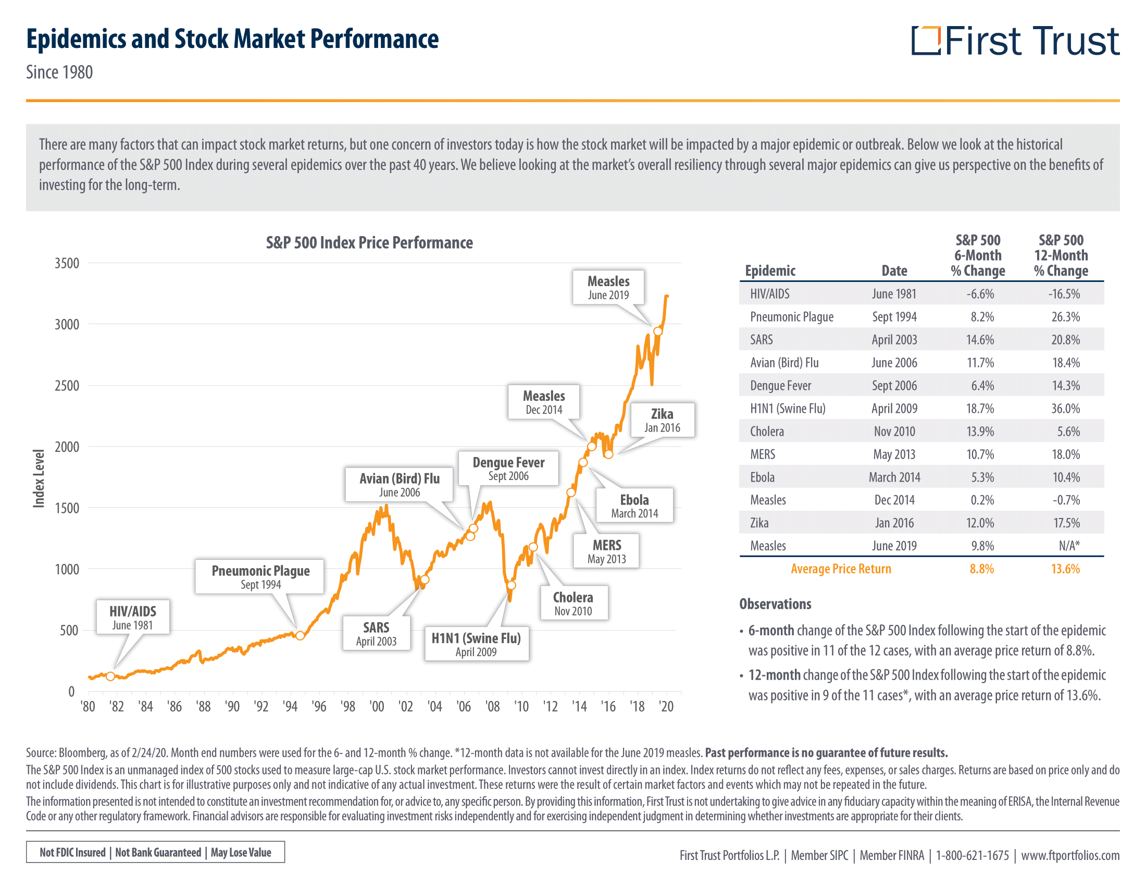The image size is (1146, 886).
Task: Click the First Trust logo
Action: click(x=1015, y=41)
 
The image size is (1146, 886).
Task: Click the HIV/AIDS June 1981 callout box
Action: click(x=133, y=617)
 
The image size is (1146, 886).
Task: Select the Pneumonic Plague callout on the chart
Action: click(x=260, y=576)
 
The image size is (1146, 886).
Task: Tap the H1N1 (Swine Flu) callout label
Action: click(x=476, y=644)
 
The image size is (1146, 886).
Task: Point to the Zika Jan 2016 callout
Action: click(x=662, y=420)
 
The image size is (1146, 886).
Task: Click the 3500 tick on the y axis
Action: click(x=67, y=263)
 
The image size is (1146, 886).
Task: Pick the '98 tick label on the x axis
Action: click(x=348, y=707)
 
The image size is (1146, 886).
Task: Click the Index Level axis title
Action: click(x=39, y=478)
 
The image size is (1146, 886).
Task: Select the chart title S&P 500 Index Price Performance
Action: click(x=369, y=242)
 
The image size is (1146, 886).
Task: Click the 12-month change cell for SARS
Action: click(x=1065, y=340)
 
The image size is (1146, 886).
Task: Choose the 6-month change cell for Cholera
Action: click(x=980, y=432)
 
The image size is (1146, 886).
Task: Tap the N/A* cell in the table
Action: click(x=1069, y=546)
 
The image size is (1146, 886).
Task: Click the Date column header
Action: click(x=894, y=271)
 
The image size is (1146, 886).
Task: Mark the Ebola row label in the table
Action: click(x=762, y=477)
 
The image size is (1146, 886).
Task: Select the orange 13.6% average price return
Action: click(x=1065, y=569)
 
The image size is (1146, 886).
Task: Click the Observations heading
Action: click(x=775, y=604)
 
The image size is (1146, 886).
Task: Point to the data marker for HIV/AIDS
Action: click(x=110, y=676)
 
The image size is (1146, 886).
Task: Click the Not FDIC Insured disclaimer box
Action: click(x=155, y=852)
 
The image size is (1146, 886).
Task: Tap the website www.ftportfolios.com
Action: click(x=1070, y=856)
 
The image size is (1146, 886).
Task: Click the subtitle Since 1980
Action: click(x=59, y=72)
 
